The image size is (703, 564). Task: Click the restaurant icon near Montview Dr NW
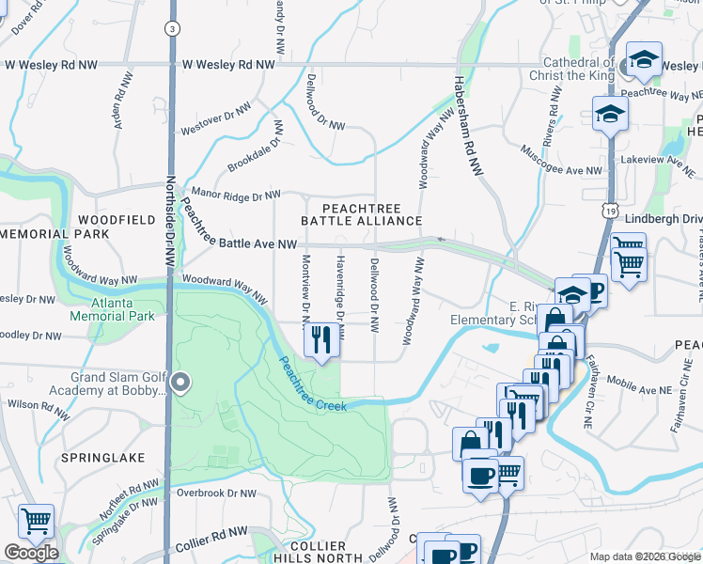click(321, 340)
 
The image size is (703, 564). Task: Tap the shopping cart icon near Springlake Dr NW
click(36, 521)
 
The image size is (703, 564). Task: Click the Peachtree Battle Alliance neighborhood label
click(361, 213)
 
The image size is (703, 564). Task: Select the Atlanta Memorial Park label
click(123, 309)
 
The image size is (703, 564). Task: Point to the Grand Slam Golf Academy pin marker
click(182, 383)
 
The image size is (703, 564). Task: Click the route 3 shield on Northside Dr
click(172, 28)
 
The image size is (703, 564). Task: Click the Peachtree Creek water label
click(310, 384)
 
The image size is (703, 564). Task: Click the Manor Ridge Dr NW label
click(235, 195)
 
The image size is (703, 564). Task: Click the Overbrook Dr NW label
click(216, 493)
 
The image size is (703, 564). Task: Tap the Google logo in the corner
click(31, 553)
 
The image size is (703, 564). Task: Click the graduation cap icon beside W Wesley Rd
click(644, 62)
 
